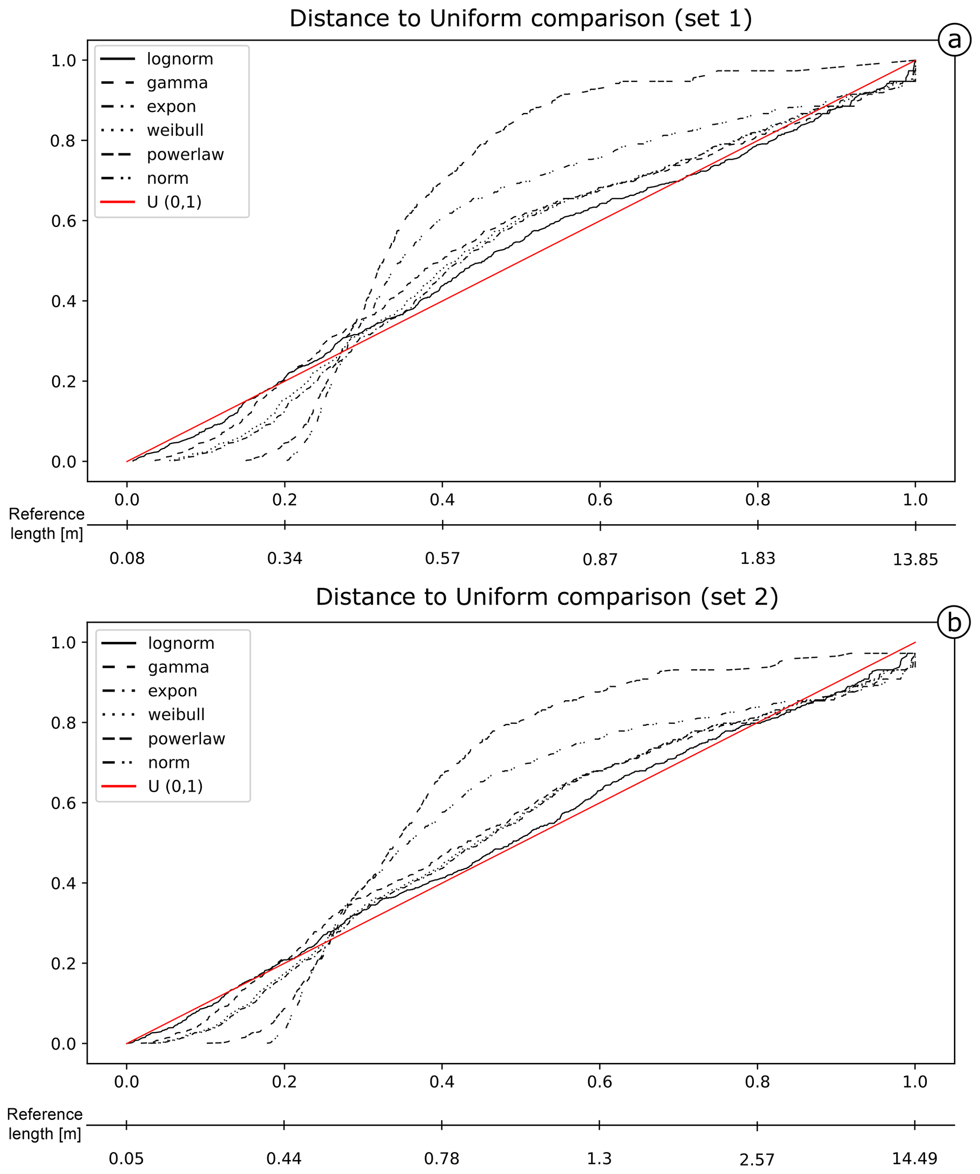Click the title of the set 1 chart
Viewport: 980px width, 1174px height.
pyautogui.click(x=520, y=18)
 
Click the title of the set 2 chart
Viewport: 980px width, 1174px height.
pyautogui.click(x=547, y=597)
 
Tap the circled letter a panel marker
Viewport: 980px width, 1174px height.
pyautogui.click(x=954, y=40)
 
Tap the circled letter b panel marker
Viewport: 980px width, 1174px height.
pyautogui.click(x=954, y=622)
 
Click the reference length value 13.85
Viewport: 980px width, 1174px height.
pyautogui.click(x=915, y=560)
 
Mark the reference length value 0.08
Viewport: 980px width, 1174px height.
pyautogui.click(x=127, y=558)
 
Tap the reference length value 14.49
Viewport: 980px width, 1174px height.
pyautogui.click(x=914, y=1158)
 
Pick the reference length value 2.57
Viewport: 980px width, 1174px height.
pyautogui.click(x=757, y=1159)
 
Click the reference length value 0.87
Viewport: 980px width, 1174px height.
pyautogui.click(x=600, y=560)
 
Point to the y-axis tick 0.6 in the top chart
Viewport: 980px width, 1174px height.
pyautogui.click(x=63, y=222)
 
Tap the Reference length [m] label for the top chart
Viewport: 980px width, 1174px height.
pyautogui.click(x=46, y=524)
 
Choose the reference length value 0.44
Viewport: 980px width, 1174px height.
pyautogui.click(x=284, y=1158)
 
